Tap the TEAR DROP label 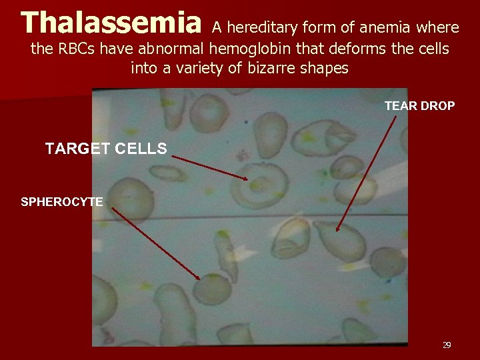click(x=419, y=106)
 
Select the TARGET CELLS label click(x=106, y=149)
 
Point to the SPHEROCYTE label click(x=62, y=201)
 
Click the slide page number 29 click(x=447, y=345)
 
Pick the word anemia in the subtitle click(x=385, y=28)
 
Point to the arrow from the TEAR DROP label click(x=367, y=173)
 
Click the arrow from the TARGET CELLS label click(x=210, y=167)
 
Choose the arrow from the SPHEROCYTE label click(x=155, y=243)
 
